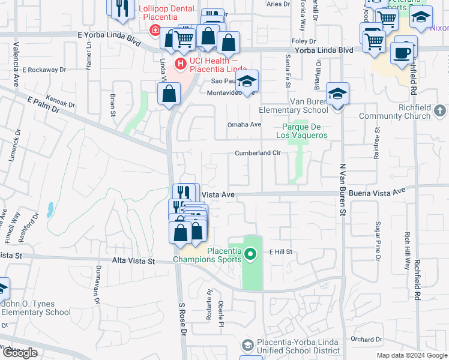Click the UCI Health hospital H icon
pos(179,63)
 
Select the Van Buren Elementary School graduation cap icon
pos(338,94)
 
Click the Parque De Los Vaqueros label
pos(302,131)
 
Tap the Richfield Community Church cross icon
pos(440,110)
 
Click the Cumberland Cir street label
pos(258,153)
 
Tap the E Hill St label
pos(280,252)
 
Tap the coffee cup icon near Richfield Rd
pos(402,52)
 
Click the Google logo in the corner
pos(20,353)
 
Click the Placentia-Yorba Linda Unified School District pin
pos(247,345)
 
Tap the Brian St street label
pos(112,103)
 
